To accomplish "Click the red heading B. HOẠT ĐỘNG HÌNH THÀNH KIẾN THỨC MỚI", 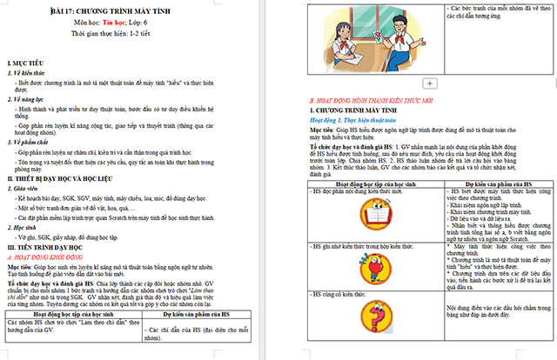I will (x=375, y=100).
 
